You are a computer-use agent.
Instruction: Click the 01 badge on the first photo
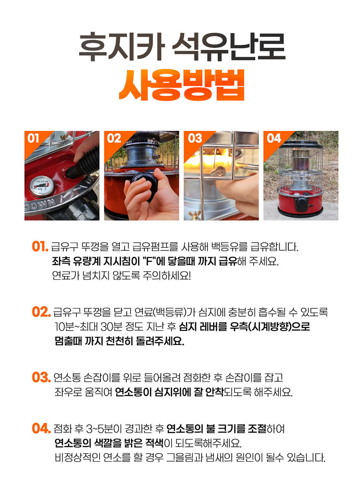click(33, 138)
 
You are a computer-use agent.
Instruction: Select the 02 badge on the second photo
click(113, 138)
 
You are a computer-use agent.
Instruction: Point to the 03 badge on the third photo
click(195, 138)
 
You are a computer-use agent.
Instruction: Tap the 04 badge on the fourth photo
click(274, 138)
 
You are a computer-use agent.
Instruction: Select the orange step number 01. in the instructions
click(40, 246)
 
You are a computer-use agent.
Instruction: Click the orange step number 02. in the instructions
click(41, 312)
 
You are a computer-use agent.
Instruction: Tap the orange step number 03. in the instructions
click(41, 377)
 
